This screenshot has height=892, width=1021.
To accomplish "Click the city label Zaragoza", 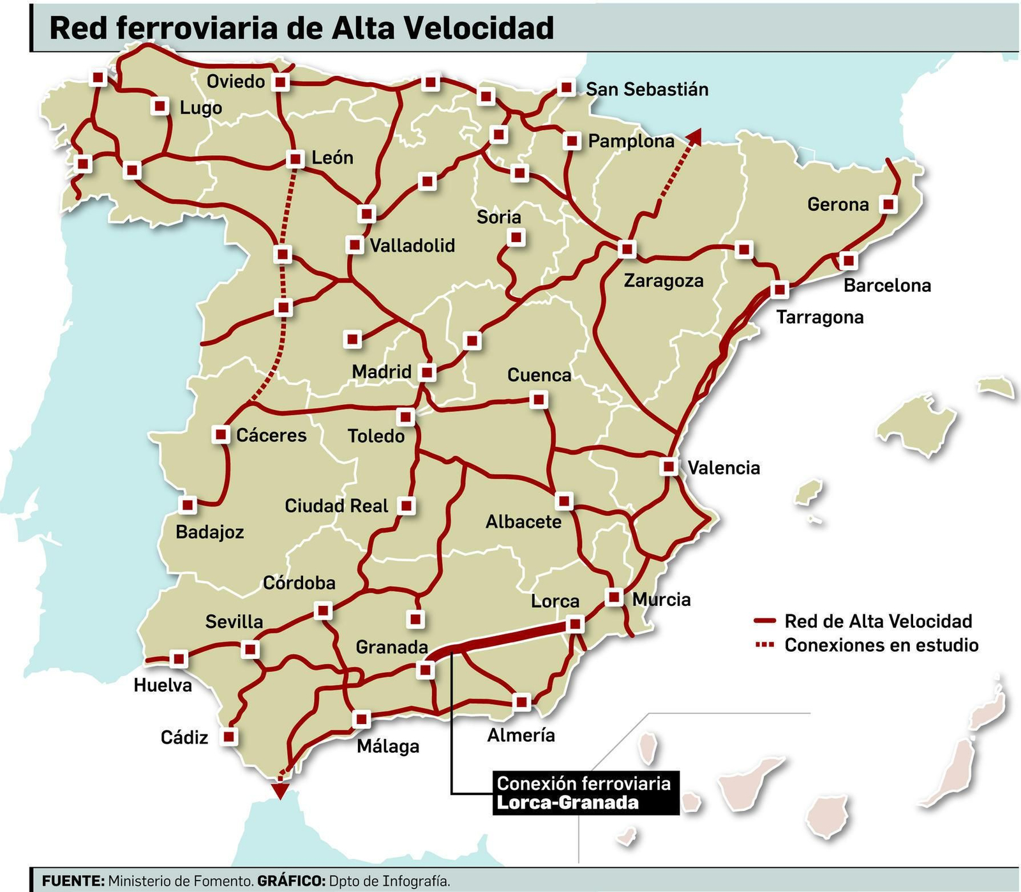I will [663, 281].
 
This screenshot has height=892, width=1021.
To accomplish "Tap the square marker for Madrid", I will [427, 372].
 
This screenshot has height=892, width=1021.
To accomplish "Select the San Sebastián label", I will [646, 89].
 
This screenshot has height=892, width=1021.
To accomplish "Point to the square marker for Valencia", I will [669, 466].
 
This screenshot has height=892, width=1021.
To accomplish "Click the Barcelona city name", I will [887, 285].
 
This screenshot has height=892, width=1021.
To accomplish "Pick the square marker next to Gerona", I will [888, 204].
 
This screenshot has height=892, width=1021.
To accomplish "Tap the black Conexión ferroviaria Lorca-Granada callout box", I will [583, 793].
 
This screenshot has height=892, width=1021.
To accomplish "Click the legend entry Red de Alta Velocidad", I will [877, 621].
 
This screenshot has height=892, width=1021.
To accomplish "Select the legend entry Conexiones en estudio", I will [881, 645].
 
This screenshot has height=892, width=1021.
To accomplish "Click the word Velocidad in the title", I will [479, 28].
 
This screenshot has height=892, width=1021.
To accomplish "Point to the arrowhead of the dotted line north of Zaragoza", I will [695, 135].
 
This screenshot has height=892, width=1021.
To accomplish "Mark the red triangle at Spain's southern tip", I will [279, 790].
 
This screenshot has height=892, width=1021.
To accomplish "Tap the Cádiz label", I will [184, 737].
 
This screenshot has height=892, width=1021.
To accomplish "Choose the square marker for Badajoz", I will [187, 505].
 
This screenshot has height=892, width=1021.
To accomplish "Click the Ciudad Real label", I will [336, 506].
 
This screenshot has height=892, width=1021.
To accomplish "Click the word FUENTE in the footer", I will [73, 881].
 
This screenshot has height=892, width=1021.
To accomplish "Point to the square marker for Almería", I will [521, 702].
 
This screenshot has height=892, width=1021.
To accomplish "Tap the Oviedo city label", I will [235, 82].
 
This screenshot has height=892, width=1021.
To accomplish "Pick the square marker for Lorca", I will [575, 624].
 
